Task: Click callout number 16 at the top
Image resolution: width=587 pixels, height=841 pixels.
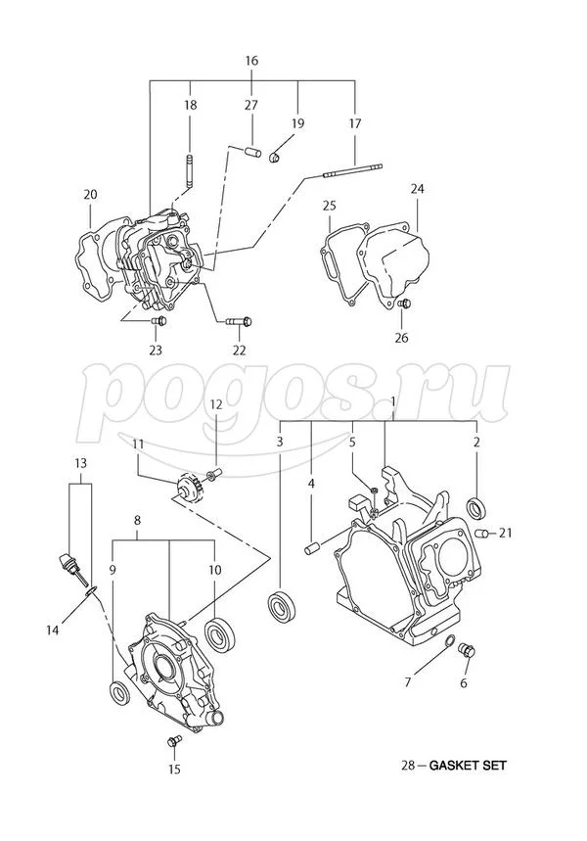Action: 251,61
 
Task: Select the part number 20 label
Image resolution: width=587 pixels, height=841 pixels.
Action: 90,195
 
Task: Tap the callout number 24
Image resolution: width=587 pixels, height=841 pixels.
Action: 418,188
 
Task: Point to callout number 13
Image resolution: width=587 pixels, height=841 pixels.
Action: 79,461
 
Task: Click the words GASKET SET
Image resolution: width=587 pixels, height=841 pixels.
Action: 473,766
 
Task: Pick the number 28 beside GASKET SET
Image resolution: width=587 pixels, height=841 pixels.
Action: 408,766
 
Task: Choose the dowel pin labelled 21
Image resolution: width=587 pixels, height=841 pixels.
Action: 482,533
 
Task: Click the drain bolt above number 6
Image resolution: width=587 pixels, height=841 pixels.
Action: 466,649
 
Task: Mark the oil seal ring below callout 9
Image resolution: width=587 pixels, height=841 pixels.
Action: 119,693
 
